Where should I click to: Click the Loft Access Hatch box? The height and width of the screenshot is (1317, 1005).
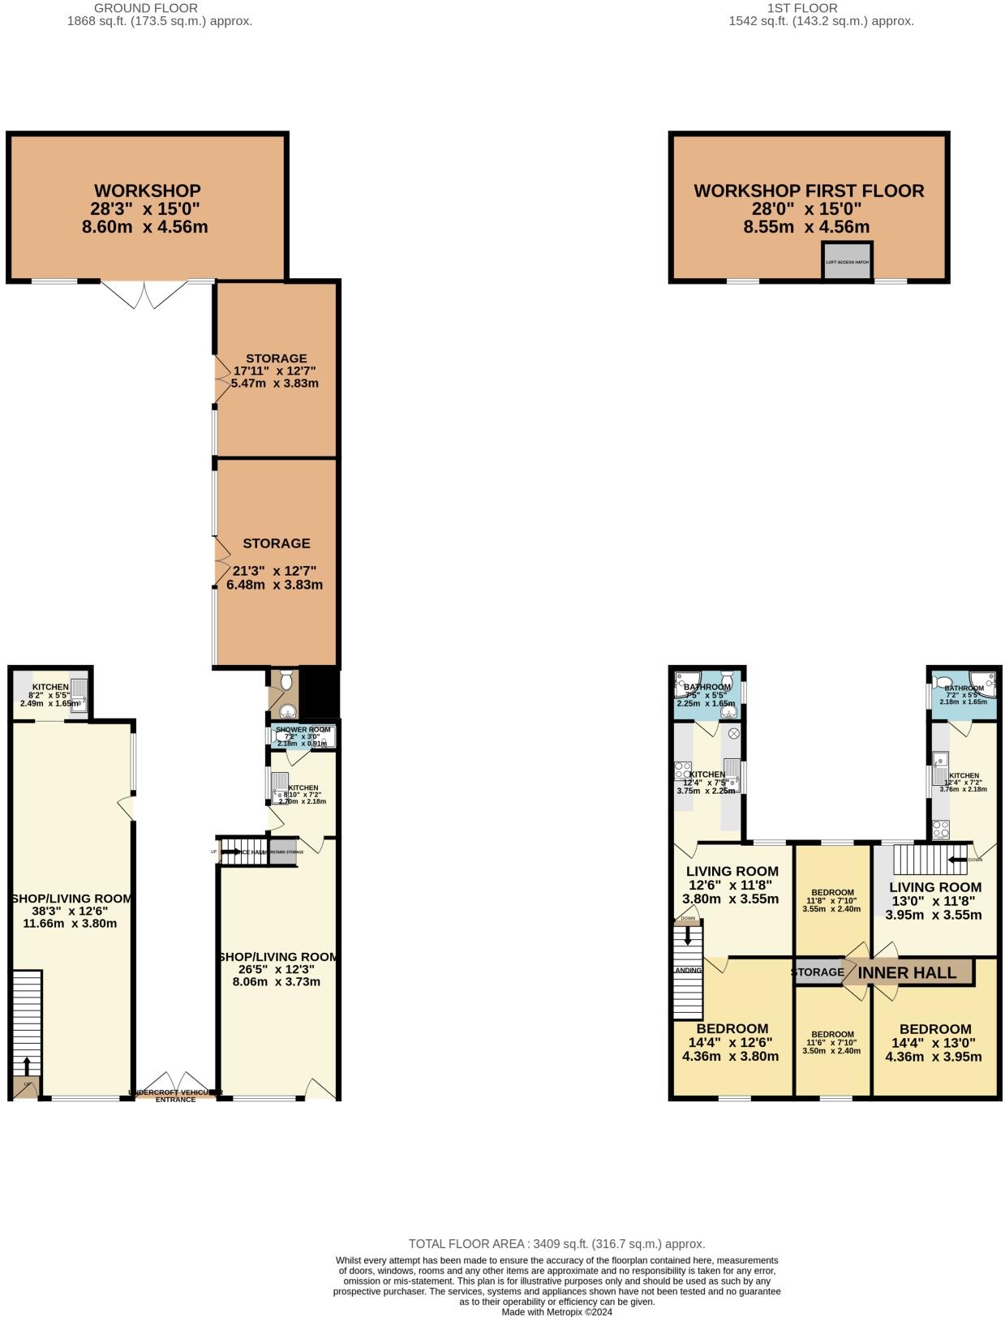point(847,262)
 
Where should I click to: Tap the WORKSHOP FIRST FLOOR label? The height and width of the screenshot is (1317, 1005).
point(809,191)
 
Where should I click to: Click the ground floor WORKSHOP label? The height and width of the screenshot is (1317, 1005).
point(147,191)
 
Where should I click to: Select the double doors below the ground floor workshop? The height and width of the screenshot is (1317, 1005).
point(145,294)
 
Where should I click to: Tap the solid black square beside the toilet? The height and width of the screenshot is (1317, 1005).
point(318,691)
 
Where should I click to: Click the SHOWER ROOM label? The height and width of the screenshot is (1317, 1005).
point(303,730)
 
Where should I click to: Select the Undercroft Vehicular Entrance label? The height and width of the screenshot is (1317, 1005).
point(176,1096)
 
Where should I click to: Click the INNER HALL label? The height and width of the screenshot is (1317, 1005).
point(907,972)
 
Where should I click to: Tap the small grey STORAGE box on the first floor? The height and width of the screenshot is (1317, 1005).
point(817,972)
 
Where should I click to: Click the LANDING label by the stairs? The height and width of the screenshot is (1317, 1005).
point(687,971)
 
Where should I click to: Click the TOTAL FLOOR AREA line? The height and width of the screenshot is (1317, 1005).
point(556,1243)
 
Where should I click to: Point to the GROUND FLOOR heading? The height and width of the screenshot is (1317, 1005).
point(135,8)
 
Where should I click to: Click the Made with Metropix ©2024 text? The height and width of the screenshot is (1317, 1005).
point(556,1311)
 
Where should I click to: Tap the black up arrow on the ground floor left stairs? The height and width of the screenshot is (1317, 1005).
point(27,1065)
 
